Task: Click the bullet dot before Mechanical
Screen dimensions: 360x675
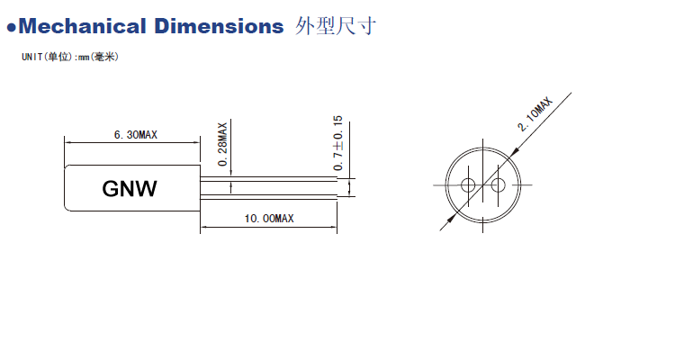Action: (12, 27)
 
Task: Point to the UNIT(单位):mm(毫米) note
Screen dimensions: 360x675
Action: (69, 57)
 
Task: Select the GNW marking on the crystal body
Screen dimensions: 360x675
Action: (130, 189)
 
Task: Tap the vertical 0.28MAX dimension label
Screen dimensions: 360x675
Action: (222, 144)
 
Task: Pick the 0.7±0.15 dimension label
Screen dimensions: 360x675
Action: (338, 144)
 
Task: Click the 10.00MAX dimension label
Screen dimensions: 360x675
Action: (268, 218)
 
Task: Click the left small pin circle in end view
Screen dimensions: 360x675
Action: (468, 186)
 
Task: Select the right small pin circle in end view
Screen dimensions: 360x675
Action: (495, 186)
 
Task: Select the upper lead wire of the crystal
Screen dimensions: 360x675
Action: (270, 179)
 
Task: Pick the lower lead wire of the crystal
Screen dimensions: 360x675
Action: (270, 193)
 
